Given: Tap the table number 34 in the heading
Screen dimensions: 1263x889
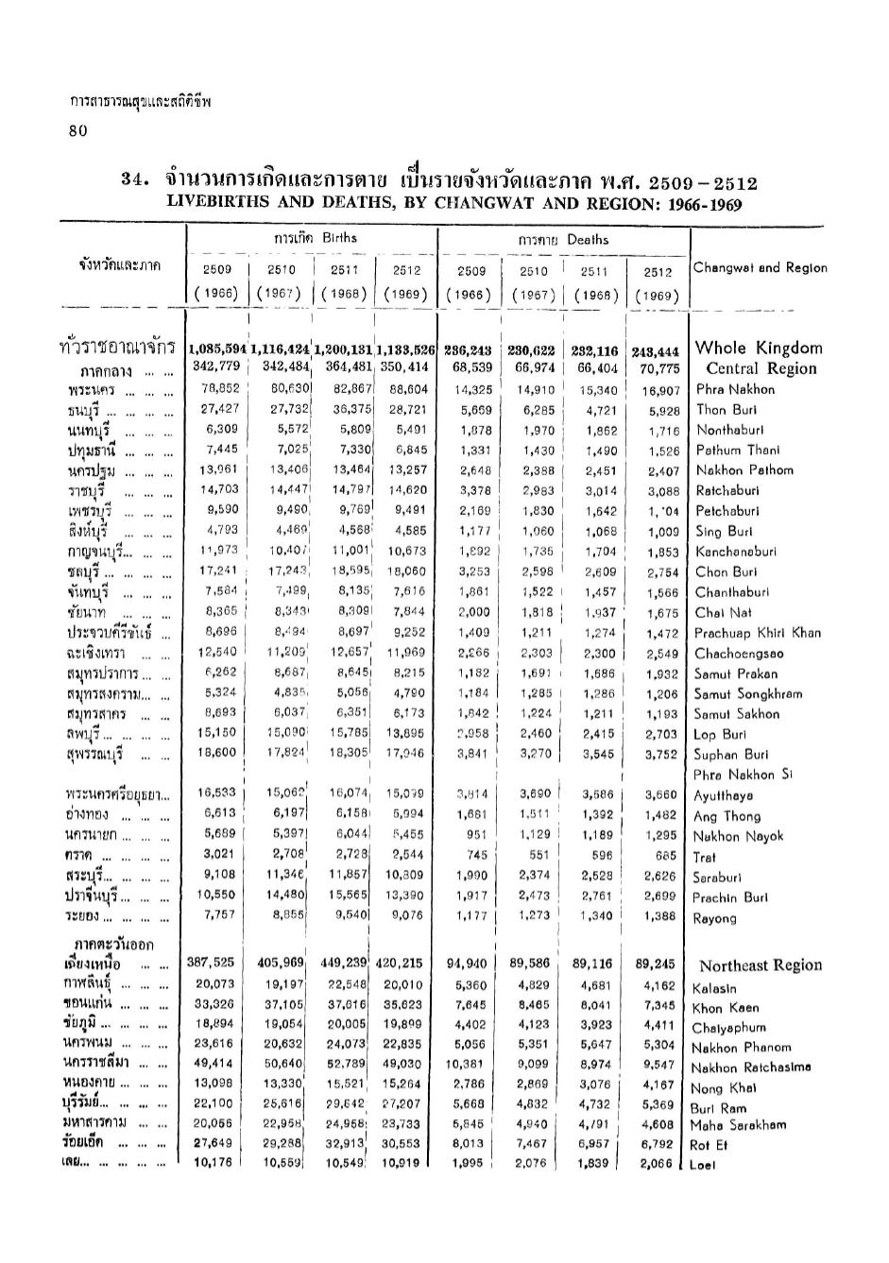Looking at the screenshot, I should coord(137,180).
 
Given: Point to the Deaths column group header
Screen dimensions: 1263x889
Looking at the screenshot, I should coord(563,240).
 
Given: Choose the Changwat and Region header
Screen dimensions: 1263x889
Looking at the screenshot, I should coord(760,267).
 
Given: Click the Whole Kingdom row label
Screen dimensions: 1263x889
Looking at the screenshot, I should coord(758,348).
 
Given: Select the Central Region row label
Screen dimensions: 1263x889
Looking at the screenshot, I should coord(761,368).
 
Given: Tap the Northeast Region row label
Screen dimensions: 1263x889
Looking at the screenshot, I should coord(760,965).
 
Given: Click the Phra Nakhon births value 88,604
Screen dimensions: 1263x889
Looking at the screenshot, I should coord(408,388).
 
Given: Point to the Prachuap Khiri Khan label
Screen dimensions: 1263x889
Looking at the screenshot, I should coord(758,633).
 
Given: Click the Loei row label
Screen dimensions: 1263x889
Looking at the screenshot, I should coord(703,1165).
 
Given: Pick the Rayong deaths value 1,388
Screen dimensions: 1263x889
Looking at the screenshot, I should coord(658,916).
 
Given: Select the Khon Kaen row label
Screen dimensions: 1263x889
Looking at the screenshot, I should coord(725,1008).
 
